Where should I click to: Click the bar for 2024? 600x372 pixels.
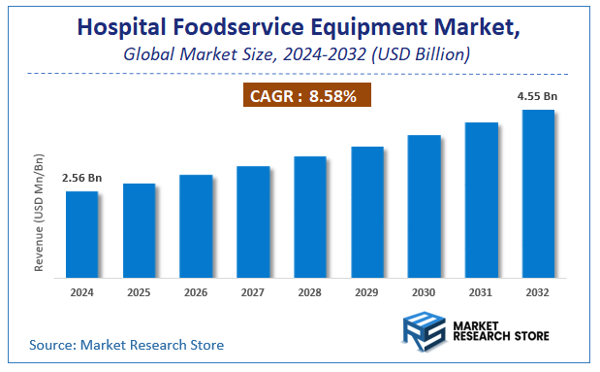[81, 233]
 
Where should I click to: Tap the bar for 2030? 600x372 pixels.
[425, 205]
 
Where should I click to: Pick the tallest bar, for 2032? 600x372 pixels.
[538, 192]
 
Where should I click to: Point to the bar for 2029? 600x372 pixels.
[367, 211]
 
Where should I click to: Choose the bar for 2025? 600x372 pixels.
[139, 229]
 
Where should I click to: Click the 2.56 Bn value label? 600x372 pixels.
[81, 179]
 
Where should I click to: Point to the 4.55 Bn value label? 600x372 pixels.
[538, 96]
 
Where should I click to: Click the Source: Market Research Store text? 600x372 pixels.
[127, 344]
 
